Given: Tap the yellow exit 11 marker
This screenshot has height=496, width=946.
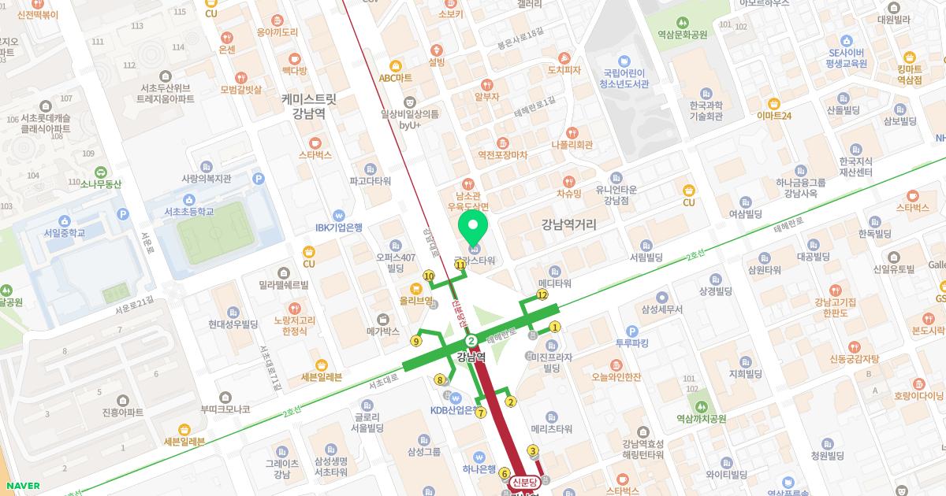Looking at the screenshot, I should (460, 265).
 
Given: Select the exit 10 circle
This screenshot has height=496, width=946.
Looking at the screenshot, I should (429, 276).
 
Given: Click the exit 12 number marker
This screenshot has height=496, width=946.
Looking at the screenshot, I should (542, 294).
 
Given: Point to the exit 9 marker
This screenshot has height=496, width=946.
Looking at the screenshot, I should (415, 341).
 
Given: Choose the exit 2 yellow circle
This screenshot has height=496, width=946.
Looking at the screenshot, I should (511, 402).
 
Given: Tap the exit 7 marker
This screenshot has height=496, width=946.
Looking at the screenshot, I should (480, 413).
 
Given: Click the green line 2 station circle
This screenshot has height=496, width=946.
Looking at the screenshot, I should (471, 341).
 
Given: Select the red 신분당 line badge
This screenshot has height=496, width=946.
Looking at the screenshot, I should (524, 482).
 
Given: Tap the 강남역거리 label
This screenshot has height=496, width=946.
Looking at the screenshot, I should (568, 225).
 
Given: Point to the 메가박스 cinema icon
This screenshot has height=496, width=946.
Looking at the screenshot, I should (384, 319).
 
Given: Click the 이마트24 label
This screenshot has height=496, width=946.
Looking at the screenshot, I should (773, 116).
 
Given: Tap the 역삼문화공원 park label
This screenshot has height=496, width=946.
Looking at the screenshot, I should (683, 35).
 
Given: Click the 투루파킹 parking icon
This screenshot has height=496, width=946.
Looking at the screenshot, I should (631, 331).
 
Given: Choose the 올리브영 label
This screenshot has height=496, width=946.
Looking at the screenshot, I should (416, 300).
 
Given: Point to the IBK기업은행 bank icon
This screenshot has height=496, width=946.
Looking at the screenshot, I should (338, 214).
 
